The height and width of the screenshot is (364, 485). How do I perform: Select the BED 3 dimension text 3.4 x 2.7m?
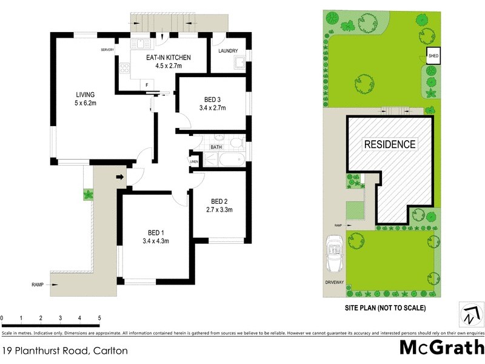[x=212, y=109]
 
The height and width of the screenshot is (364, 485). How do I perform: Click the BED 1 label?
[x=156, y=232]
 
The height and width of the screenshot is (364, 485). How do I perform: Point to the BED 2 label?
[x=219, y=201]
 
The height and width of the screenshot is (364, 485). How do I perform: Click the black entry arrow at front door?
[x=119, y=177]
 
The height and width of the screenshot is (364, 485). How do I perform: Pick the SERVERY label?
[x=108, y=50]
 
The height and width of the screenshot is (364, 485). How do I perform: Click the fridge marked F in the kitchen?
[x=147, y=84]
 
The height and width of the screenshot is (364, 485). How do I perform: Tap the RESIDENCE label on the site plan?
[x=390, y=144]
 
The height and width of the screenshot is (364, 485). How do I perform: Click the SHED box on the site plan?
[x=433, y=56]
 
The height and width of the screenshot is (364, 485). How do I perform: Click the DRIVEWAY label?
[x=334, y=283]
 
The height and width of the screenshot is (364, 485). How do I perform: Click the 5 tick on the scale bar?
[x=99, y=318]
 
